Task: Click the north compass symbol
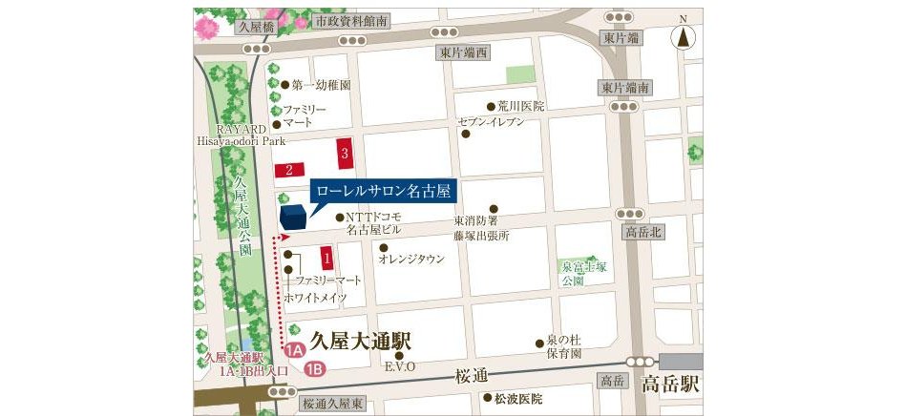tap(684, 37)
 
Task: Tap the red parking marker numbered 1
tap(326, 257)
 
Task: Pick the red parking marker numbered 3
tap(346, 152)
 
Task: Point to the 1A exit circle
tap(295, 350)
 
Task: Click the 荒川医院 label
tap(520, 106)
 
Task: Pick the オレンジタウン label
tap(411, 259)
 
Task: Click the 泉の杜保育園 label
tap(558, 346)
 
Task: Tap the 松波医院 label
tap(517, 398)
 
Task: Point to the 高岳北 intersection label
tap(643, 233)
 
